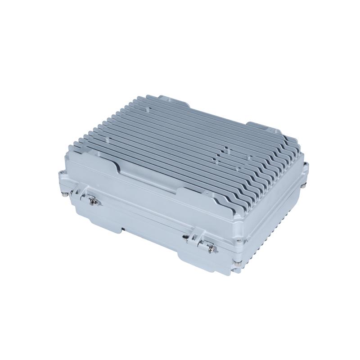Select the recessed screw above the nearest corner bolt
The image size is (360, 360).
(236, 252)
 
